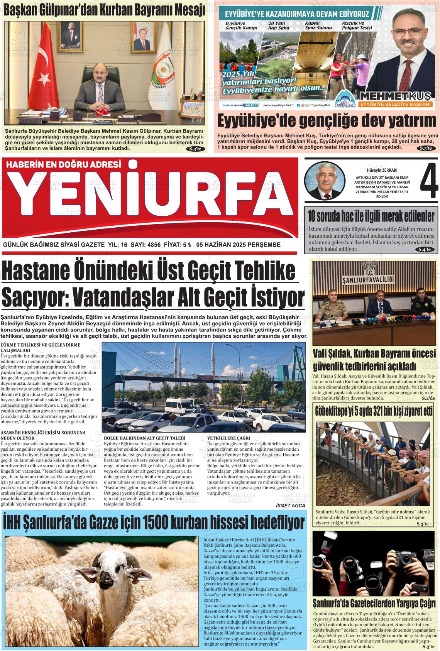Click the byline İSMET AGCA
291,506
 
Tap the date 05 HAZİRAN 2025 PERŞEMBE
238,245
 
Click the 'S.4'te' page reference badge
426,249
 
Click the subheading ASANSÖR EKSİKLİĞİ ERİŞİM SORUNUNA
43,433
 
